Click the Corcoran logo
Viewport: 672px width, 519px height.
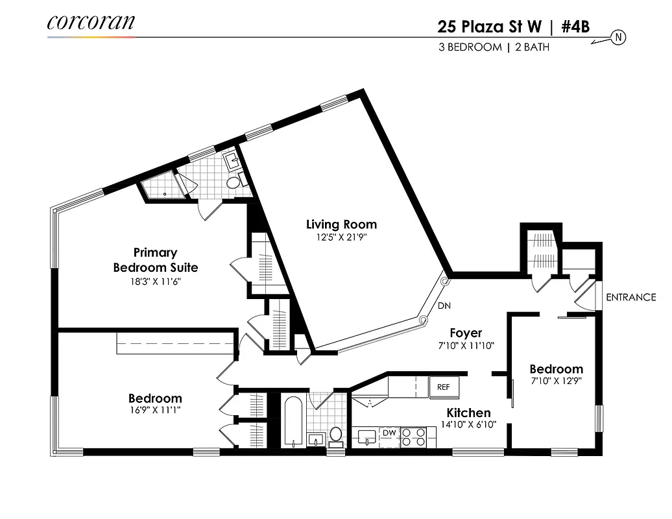[x=91, y=23]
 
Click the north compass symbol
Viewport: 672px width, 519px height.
[x=618, y=38]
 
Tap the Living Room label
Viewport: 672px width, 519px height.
[x=341, y=224]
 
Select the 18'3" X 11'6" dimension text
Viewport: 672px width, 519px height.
[x=156, y=282]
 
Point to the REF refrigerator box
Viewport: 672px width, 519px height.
[x=444, y=387]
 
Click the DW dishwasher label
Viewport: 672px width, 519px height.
[x=389, y=433]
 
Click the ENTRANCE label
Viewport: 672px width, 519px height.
[x=630, y=298]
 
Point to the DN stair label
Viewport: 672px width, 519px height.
[x=444, y=306]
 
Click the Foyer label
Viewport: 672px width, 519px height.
[x=466, y=333]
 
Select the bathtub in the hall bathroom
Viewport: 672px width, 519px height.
[x=293, y=422]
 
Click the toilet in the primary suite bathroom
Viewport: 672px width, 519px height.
[x=232, y=183]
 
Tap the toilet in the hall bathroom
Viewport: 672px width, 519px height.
[x=335, y=435]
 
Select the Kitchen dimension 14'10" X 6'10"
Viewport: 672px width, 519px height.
[x=468, y=425]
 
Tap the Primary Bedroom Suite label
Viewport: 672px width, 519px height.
[x=156, y=260]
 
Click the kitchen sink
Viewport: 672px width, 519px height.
[x=366, y=435]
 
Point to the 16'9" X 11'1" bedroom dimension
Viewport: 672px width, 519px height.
[x=155, y=411]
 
